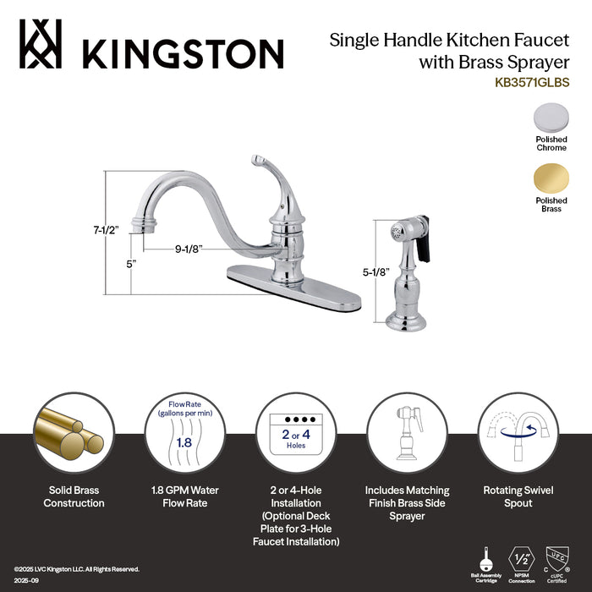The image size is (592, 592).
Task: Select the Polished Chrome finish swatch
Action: point(551,117)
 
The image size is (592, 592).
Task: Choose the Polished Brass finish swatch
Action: point(551,178)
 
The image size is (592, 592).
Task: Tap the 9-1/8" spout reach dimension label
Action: point(189,249)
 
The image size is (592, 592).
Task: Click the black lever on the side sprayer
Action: point(419,240)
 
